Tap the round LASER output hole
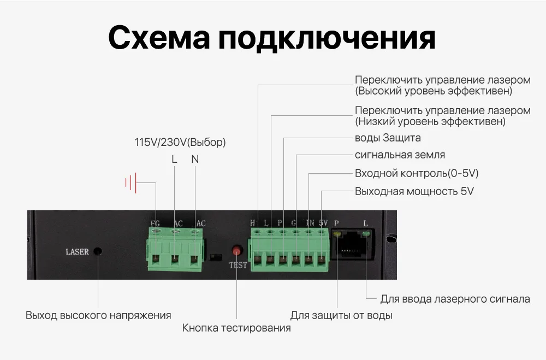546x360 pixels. pos(98,252)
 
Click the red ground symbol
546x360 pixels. pos(130,182)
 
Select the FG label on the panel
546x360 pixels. pos(155,223)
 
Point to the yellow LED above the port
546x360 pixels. pos(338,235)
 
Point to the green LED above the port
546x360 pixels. pos(365,235)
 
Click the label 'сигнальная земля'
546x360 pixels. pos(400,155)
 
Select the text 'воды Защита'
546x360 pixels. pos(388,138)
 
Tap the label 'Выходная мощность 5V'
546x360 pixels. pos(414,191)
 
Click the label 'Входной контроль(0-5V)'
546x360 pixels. pos(417,174)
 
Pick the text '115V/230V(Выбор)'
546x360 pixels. pos(180,143)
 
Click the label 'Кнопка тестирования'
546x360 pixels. pos(236,328)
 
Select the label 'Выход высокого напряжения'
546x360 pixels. pos(98,316)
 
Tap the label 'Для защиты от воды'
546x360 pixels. pos(341,316)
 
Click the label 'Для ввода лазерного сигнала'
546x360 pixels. pos(455,299)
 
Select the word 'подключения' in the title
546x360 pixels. pos(327,38)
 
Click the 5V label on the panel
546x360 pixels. pos(323,223)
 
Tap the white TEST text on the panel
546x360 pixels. pos(238,265)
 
